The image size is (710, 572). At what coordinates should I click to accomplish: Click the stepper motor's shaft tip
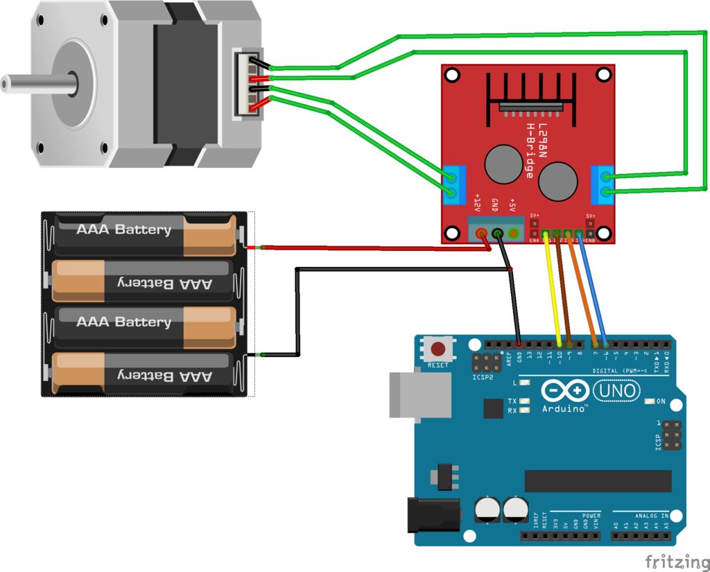(6, 84)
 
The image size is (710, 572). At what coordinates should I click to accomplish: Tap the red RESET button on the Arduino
(438, 349)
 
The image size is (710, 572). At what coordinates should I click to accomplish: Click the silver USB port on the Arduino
(409, 395)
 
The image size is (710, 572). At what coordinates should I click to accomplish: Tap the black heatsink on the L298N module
(530, 94)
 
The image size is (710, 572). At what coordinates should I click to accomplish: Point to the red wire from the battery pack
(374, 247)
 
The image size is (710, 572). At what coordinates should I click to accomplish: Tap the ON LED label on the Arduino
(660, 401)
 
